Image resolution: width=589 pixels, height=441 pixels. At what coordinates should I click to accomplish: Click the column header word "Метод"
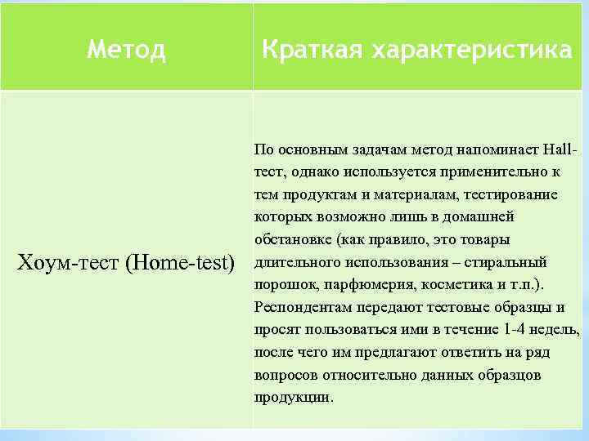pyautogui.click(x=126, y=51)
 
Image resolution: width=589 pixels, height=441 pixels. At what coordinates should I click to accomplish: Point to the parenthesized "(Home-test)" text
pyautogui.click(x=179, y=264)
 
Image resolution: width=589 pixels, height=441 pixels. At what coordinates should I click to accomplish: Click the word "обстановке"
pyautogui.click(x=292, y=241)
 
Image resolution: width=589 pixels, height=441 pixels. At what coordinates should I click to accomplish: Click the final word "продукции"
pyautogui.click(x=292, y=398)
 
